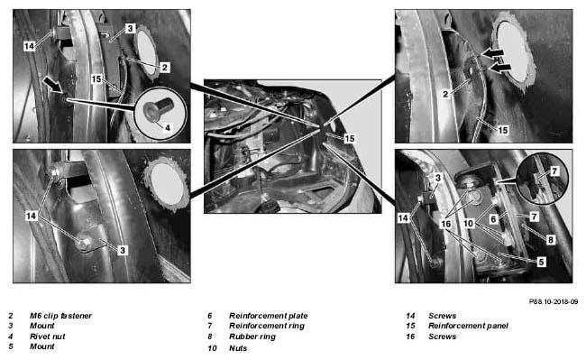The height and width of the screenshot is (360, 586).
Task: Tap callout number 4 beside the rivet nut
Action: pos(168,127)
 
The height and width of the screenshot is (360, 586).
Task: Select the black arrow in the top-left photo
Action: pos(53,84)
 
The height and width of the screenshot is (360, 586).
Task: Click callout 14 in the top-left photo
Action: pos(29,46)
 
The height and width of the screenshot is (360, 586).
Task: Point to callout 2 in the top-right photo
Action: pos(445,94)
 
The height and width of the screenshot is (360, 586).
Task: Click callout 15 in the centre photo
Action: pos(350,138)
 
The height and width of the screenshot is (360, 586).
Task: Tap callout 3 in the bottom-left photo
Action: pos(123,250)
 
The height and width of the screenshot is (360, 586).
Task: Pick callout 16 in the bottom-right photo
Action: pos(446,224)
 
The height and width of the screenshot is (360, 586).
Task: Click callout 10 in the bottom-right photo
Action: pos(468,224)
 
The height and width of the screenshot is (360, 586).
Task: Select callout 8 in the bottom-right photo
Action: pos(550,240)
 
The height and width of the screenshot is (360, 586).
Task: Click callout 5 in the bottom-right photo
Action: pos(541,262)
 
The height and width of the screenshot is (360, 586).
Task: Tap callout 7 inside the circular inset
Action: pos(554,171)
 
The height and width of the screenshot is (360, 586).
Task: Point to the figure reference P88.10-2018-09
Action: pos(554,301)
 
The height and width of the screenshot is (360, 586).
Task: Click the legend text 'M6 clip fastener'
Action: pos(60,316)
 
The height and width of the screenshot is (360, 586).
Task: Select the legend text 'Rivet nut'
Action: pos(48,337)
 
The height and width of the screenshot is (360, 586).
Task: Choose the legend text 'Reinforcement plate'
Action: pos(269,316)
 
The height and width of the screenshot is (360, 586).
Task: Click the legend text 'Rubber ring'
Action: pos(252,337)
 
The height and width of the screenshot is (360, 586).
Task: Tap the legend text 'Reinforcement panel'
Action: pos(468,326)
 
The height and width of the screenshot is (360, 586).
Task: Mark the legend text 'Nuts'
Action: pos(238,348)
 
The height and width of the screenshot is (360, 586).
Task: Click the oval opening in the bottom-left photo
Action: pos(166,185)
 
